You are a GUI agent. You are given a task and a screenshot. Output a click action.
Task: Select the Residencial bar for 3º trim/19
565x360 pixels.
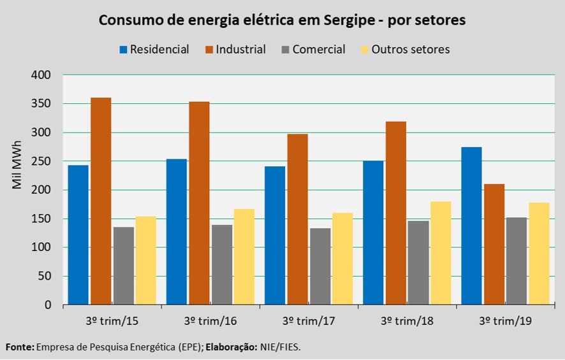pos(472,226)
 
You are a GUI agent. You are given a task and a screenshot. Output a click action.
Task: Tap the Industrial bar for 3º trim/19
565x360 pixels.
pos(494,245)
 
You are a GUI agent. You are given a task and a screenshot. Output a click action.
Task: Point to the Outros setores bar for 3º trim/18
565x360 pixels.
pos(441,254)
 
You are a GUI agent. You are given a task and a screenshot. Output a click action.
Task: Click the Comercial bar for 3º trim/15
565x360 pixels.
pos(123,266)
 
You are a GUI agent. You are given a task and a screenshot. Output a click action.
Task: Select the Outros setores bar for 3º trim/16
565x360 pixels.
pos(244,257)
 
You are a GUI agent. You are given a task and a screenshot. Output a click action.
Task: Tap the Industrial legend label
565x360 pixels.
pos(240,50)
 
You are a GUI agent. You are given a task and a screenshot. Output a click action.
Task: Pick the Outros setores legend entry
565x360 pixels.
pos(410,50)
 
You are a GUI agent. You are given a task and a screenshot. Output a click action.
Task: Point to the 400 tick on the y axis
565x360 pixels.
pos(41,75)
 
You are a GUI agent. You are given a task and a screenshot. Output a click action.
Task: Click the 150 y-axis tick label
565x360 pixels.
pos(41,219)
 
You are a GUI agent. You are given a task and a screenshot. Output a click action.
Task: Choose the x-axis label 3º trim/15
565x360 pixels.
pos(113,321)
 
